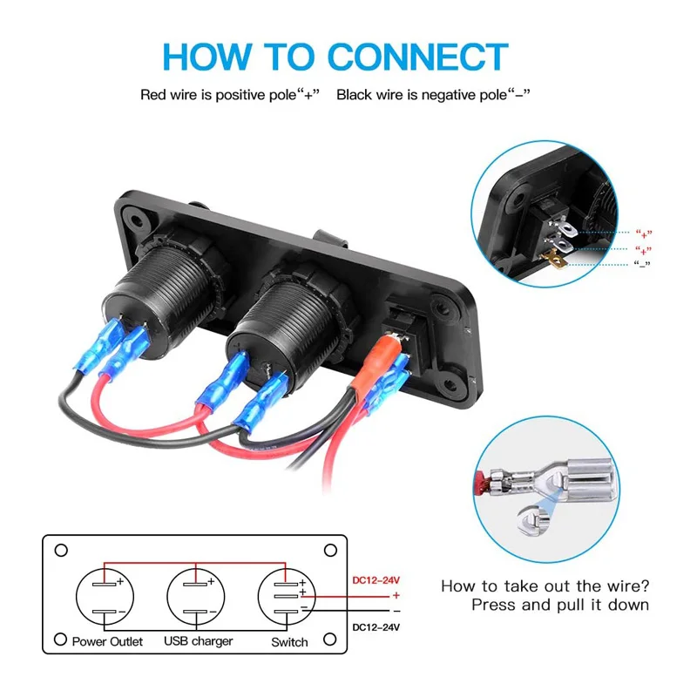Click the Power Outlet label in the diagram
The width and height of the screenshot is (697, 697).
point(109,641)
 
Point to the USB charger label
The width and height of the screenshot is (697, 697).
point(199,641)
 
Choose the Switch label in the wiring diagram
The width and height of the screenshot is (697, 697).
point(289,642)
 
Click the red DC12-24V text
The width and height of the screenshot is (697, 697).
point(377,579)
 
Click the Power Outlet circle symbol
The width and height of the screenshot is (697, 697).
point(109,597)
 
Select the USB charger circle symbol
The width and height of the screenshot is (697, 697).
point(200,597)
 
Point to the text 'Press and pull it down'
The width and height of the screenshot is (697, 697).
point(559,605)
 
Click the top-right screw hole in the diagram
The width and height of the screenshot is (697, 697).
point(330,551)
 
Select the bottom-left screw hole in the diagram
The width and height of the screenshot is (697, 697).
point(61,640)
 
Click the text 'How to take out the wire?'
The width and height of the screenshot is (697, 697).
point(545,586)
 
